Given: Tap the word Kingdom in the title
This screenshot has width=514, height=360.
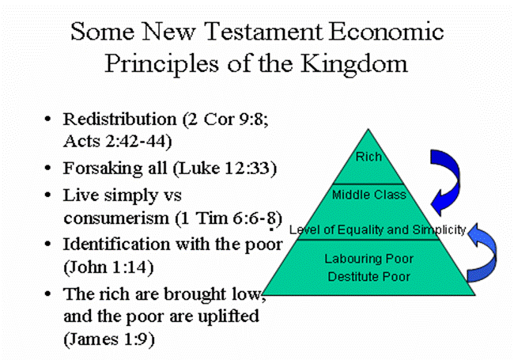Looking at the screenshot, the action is [x=354, y=64].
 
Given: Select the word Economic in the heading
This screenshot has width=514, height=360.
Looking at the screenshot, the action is [x=386, y=32].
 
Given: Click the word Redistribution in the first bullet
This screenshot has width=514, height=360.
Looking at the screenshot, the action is [x=119, y=119].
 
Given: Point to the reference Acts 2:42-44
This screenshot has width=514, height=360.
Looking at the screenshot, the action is [x=117, y=142].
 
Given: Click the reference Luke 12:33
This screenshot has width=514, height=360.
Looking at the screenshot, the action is [x=225, y=169].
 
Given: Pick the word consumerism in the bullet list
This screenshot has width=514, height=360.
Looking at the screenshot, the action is [x=116, y=218].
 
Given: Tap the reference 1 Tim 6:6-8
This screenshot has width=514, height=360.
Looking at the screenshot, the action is [x=229, y=218].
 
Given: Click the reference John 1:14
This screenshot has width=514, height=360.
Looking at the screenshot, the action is [x=108, y=267].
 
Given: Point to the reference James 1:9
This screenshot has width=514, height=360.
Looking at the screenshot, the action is [x=109, y=339].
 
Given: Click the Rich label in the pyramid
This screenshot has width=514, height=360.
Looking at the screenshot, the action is [x=368, y=157].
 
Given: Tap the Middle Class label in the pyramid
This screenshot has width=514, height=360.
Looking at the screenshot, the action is [x=369, y=195].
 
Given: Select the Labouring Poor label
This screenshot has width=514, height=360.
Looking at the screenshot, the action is [x=368, y=259].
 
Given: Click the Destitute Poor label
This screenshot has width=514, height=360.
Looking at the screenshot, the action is [x=368, y=277].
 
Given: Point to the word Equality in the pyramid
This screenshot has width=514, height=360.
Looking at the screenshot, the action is [x=361, y=229].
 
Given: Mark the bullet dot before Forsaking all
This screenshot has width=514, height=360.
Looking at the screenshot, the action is [x=48, y=169].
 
